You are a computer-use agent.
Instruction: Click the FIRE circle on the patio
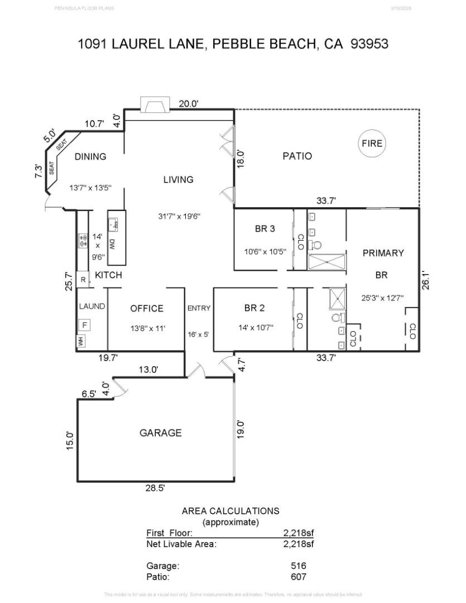372,143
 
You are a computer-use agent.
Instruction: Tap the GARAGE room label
160,433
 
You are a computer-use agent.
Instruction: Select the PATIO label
297,156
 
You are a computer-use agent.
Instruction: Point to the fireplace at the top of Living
154,105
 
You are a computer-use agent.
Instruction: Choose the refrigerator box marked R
83,280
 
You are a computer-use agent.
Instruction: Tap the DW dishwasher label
112,244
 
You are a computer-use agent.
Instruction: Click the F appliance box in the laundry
85,324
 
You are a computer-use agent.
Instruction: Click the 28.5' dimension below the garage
155,487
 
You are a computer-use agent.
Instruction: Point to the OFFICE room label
147,309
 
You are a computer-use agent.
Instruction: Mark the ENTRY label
199,308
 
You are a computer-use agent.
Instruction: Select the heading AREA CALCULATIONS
230,511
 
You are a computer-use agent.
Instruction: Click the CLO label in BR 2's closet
300,320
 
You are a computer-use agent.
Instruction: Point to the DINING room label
90,157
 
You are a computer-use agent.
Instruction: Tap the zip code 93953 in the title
369,44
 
